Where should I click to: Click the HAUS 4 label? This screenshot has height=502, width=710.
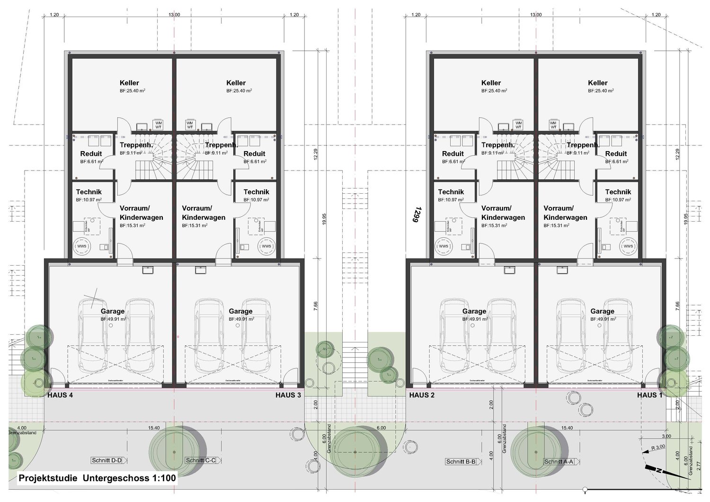point(60,395)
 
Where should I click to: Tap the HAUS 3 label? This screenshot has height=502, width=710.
point(288,395)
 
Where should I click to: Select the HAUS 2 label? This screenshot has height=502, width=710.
point(422,395)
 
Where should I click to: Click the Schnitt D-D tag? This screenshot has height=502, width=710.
point(106,460)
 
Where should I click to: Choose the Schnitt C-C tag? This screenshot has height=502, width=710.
point(201,460)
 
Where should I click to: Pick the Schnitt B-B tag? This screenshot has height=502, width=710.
point(461,461)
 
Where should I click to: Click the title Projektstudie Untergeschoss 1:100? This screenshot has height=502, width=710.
point(97,478)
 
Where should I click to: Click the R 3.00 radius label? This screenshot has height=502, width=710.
point(658,447)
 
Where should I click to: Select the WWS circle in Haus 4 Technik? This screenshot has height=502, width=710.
point(82,246)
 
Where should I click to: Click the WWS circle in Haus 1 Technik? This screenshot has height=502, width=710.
point(628,246)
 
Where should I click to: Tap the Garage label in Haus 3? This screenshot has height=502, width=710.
point(240,311)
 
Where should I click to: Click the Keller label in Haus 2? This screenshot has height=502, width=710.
point(491,83)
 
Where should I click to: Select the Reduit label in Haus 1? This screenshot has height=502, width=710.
point(616,153)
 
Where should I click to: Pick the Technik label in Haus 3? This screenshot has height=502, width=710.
point(256,192)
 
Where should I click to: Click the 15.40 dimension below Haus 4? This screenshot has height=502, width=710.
point(154,428)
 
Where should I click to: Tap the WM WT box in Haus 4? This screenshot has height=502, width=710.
point(159,125)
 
